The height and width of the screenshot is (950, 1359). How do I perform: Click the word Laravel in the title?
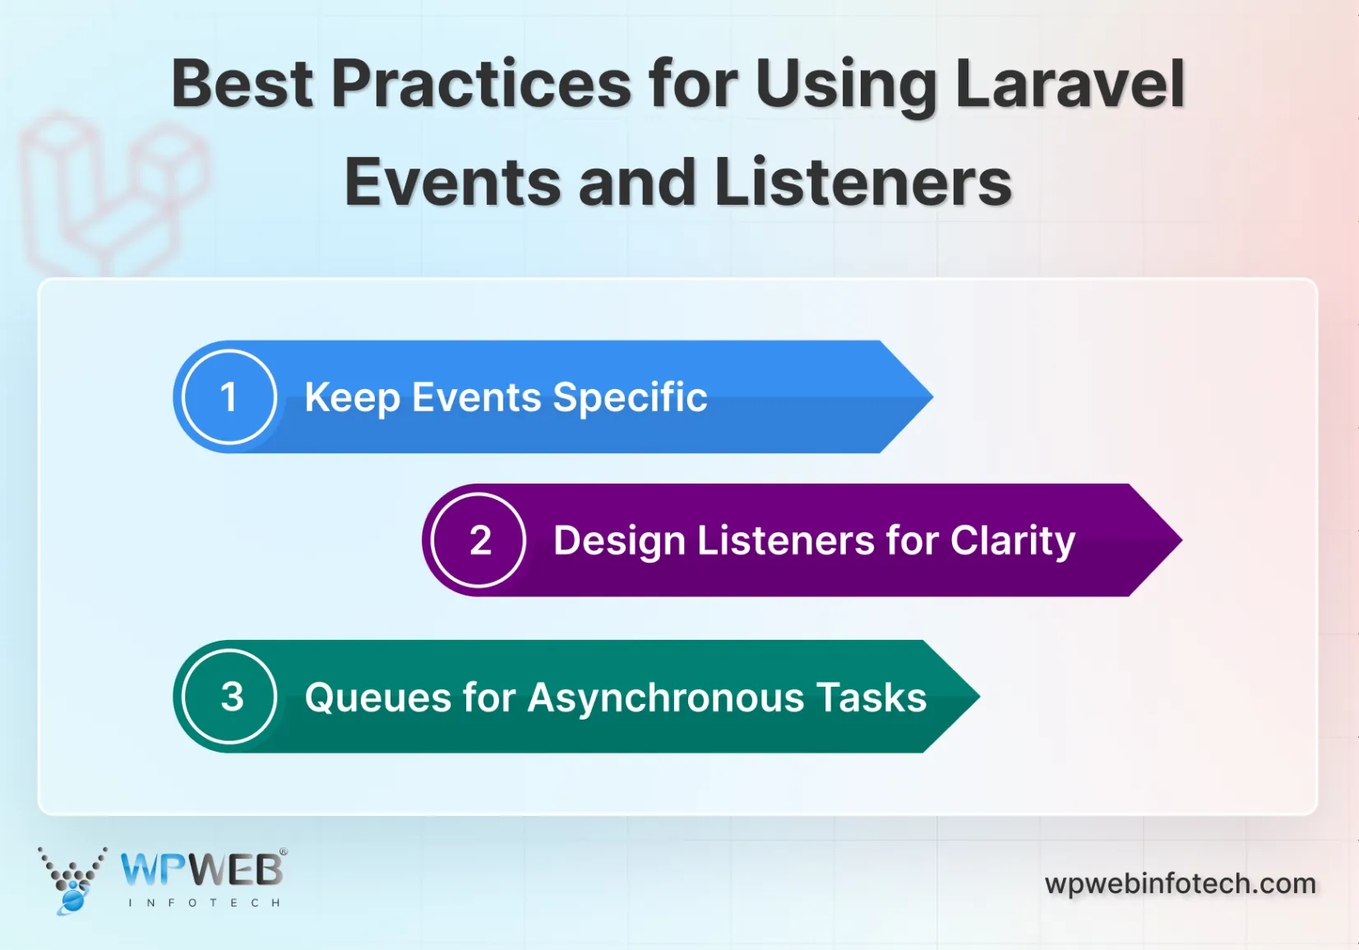pyautogui.click(x=1070, y=84)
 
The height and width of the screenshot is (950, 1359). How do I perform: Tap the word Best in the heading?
pyautogui.click(x=242, y=84)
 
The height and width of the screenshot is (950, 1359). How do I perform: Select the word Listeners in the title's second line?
pyautogui.click(x=863, y=183)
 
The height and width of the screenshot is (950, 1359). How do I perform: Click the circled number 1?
pyautogui.click(x=229, y=397)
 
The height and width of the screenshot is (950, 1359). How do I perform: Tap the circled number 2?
pyautogui.click(x=479, y=540)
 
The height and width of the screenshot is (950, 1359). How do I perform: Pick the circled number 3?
pyautogui.click(x=230, y=697)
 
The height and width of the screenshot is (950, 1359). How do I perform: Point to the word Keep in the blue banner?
pyautogui.click(x=352, y=398)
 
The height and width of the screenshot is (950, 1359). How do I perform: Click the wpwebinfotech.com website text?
pyautogui.click(x=1180, y=883)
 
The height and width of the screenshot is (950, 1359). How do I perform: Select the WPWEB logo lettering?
pyautogui.click(x=202, y=869)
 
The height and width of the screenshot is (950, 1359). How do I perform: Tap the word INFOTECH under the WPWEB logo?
pyautogui.click(x=204, y=902)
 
